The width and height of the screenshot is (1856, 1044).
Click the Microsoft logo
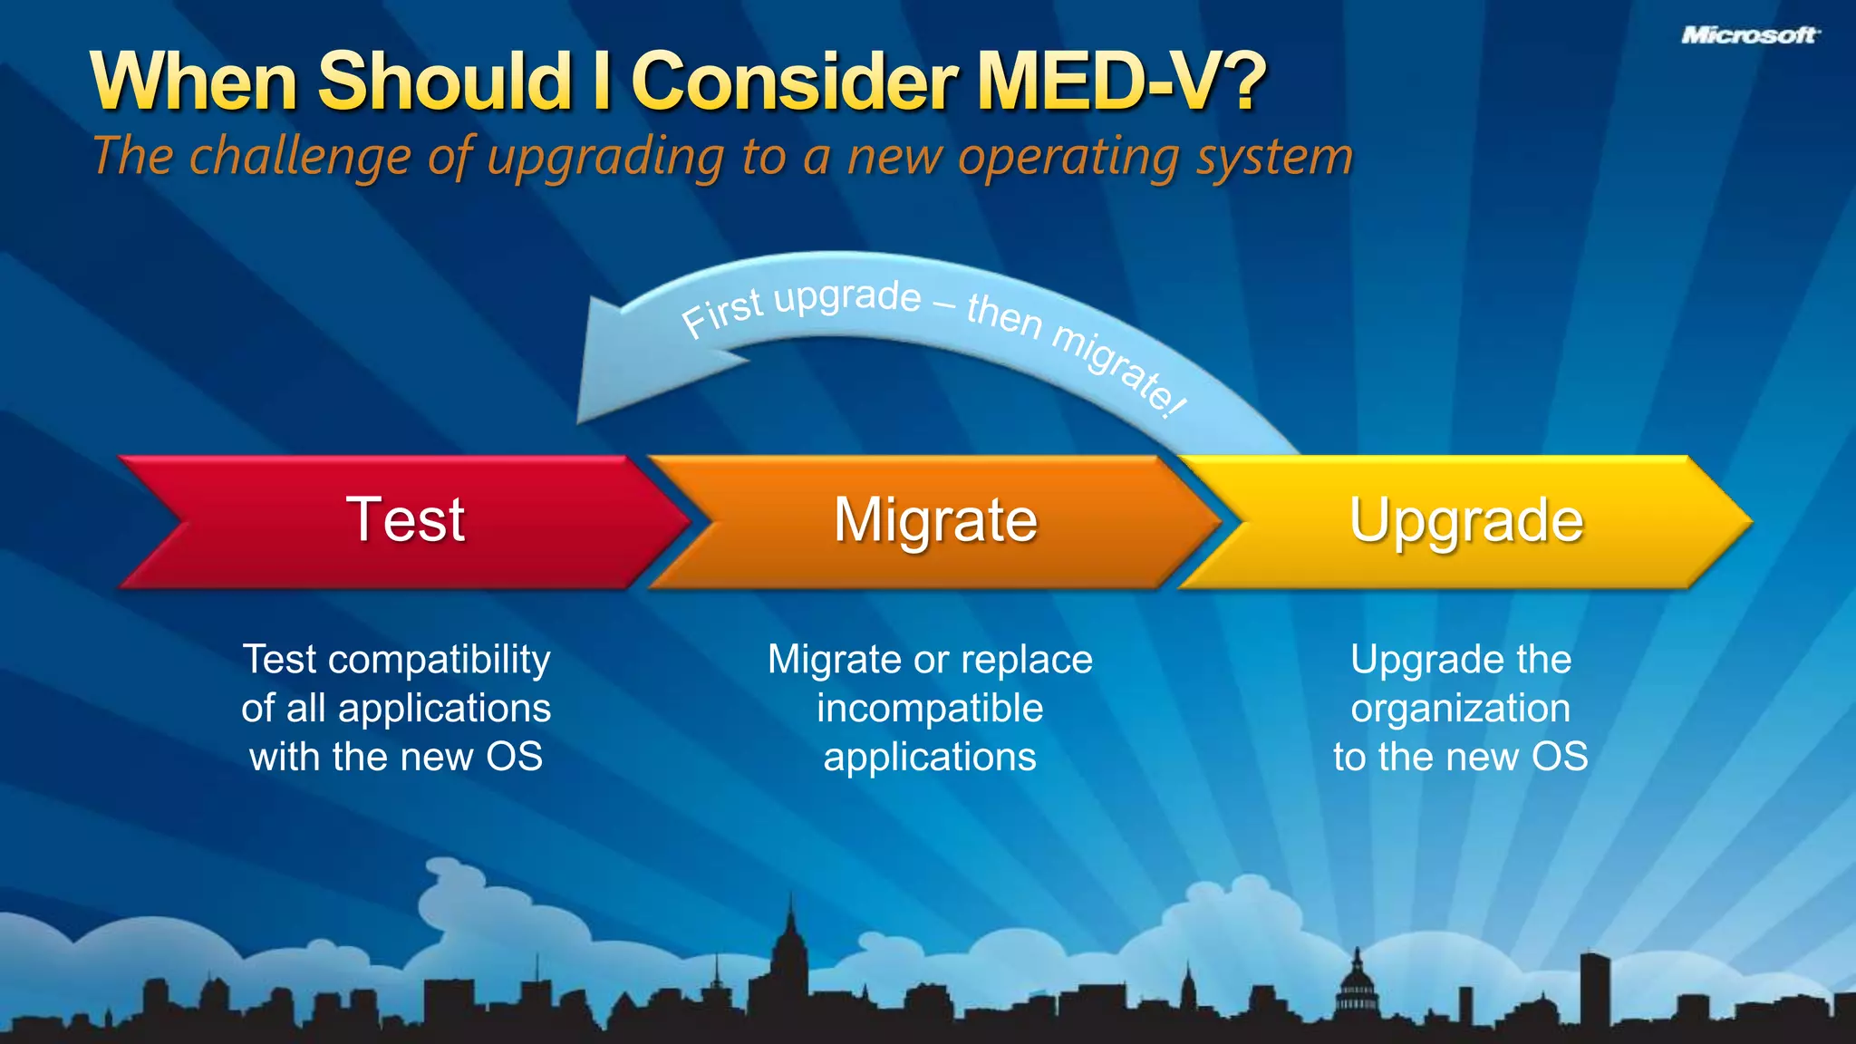(x=1750, y=35)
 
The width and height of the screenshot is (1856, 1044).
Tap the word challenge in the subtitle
(x=300, y=156)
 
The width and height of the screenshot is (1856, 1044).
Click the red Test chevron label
(x=405, y=520)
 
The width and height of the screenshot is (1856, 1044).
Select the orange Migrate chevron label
(x=935, y=520)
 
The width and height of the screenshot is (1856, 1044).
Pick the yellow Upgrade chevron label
(x=1465, y=520)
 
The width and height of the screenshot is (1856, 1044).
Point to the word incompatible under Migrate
(x=930, y=709)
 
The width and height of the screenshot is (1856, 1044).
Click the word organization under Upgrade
(x=1460, y=709)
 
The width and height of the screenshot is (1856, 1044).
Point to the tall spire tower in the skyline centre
(x=790, y=952)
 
